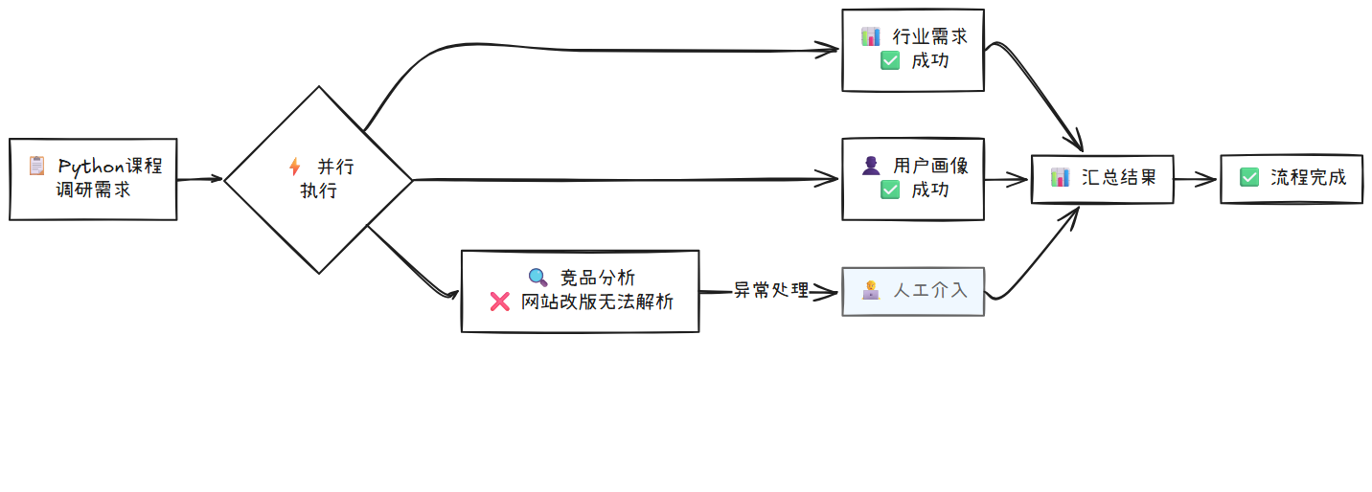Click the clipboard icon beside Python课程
(x=36, y=166)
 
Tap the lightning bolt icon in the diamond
(x=294, y=167)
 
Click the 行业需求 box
(x=912, y=50)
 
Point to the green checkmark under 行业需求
(x=890, y=60)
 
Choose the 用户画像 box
(x=912, y=179)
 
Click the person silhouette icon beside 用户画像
(x=871, y=166)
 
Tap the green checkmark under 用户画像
(x=890, y=190)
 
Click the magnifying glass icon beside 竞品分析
(x=538, y=278)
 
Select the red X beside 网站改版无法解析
(x=499, y=302)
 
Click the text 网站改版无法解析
(x=597, y=302)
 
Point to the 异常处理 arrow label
(x=771, y=290)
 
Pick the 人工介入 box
(x=912, y=291)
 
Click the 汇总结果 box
(x=1102, y=178)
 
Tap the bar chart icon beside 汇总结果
(x=1060, y=177)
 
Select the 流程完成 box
(x=1291, y=178)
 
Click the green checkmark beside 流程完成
(x=1248, y=177)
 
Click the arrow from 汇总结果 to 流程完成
(x=1196, y=178)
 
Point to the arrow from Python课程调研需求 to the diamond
(x=199, y=179)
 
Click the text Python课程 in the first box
(x=110, y=167)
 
